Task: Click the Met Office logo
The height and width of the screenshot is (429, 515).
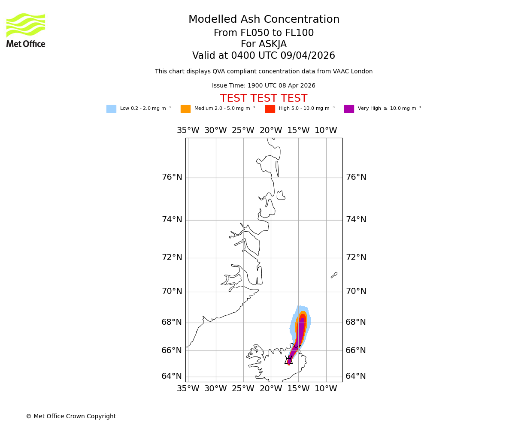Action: pos(26,30)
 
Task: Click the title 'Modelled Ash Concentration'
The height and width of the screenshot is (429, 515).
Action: pos(264,20)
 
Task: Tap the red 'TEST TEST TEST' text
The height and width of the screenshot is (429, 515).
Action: pos(264,98)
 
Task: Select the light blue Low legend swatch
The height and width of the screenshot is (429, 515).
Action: pos(111,109)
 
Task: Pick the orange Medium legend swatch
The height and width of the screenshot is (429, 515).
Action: pos(185,109)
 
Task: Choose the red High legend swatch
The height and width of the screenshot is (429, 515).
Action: pos(270,109)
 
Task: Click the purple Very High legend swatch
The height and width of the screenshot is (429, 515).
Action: pos(349,109)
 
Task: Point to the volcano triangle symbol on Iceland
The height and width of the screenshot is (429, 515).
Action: pos(288,361)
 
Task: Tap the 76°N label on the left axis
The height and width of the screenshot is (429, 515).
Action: pos(172,177)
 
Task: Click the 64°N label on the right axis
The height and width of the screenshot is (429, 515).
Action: pos(356,376)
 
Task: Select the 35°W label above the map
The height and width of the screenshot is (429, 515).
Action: pos(188,130)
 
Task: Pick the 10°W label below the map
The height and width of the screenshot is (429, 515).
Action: pos(326,389)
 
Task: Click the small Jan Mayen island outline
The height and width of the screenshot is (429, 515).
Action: pos(334,275)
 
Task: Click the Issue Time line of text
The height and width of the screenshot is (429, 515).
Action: pos(264,86)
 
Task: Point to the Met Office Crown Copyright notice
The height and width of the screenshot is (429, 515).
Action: pos(71,416)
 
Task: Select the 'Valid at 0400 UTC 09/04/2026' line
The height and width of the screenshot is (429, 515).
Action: pos(264,56)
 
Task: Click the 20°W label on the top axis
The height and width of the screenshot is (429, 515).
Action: pos(271,130)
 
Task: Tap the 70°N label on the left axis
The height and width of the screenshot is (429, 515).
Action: pos(172,291)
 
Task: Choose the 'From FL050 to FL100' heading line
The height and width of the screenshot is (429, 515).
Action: pos(264,33)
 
